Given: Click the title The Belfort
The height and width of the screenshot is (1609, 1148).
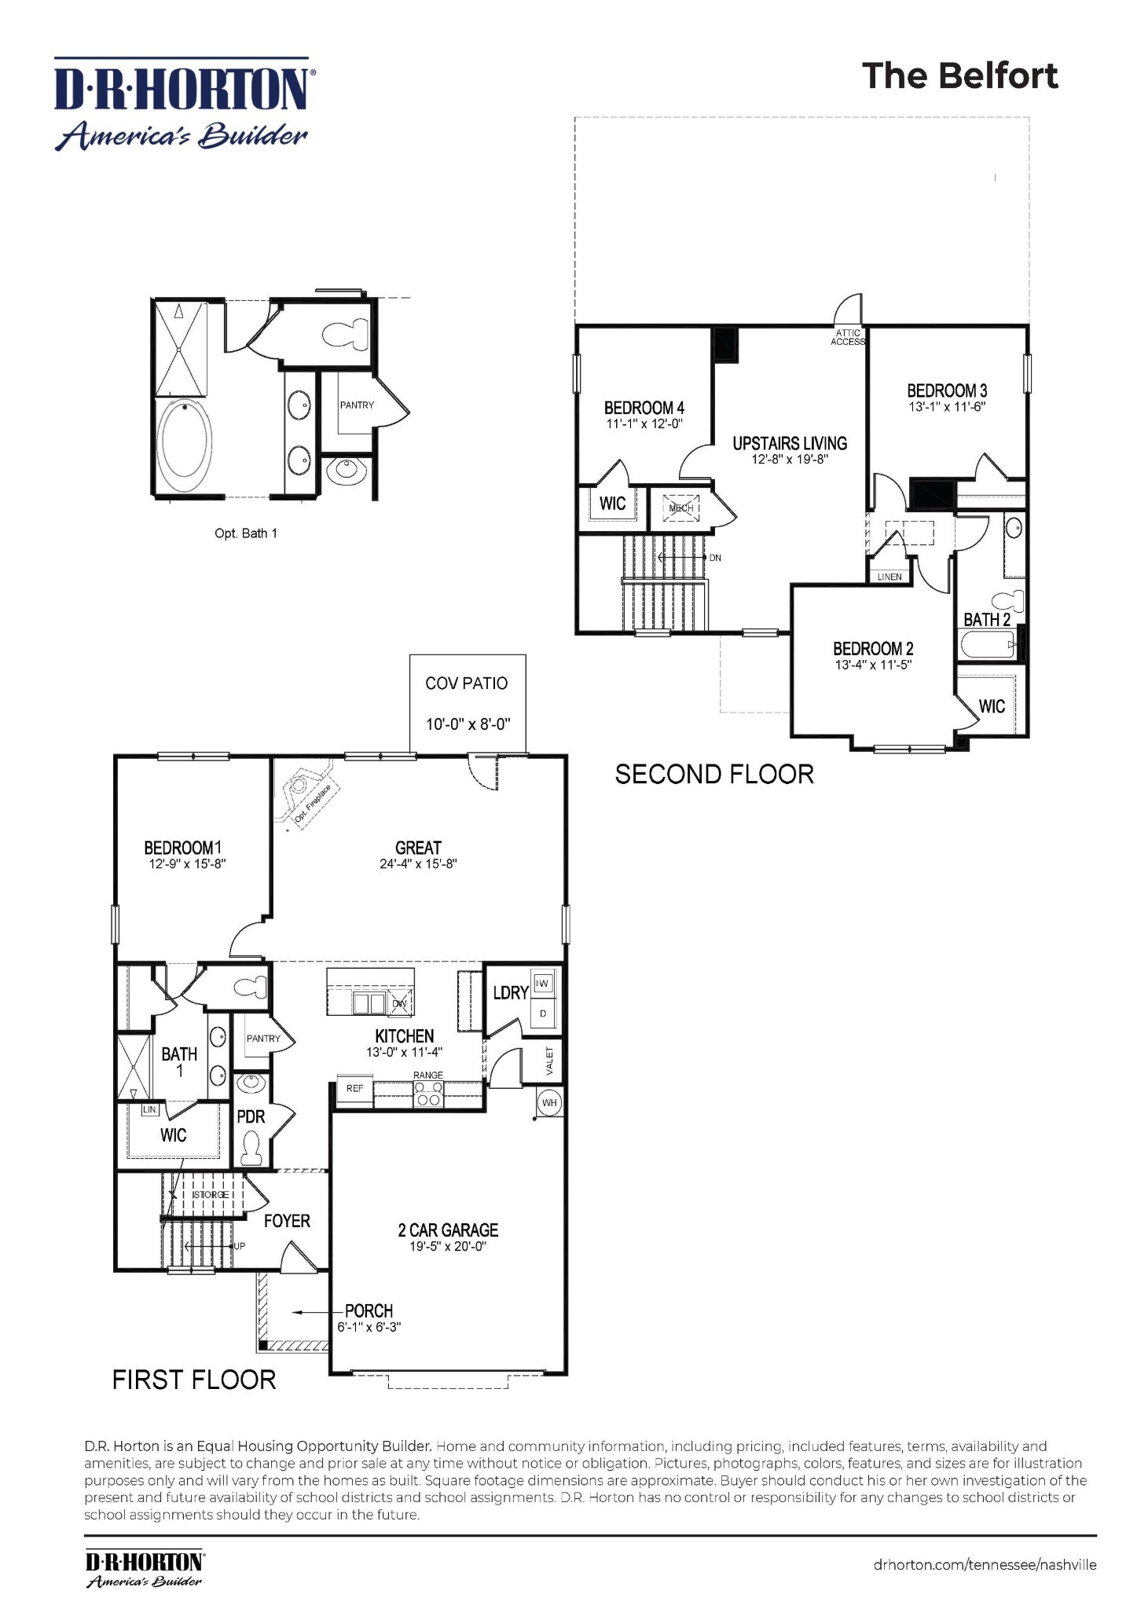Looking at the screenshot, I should click(x=959, y=76).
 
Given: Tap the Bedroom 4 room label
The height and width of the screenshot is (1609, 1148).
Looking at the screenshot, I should click(x=644, y=408).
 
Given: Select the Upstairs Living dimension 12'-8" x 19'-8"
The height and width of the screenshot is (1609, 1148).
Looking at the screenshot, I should click(x=790, y=460).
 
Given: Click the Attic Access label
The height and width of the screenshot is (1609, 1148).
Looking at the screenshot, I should click(x=848, y=337).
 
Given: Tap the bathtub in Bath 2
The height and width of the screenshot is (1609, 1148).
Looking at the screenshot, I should click(x=987, y=647).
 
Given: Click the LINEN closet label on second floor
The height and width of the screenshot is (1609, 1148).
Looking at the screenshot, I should click(x=889, y=577).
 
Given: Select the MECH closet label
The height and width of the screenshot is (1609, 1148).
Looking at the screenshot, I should click(x=680, y=508).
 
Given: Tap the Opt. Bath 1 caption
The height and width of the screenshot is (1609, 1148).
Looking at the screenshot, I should click(x=245, y=533).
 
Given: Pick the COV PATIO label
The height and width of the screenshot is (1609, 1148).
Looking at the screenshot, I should click(x=467, y=684).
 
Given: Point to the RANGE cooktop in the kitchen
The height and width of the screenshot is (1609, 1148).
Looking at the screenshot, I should click(x=428, y=1094).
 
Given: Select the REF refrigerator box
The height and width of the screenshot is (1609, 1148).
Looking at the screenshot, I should click(x=354, y=1089).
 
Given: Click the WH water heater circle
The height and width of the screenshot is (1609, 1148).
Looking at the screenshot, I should click(x=549, y=1103).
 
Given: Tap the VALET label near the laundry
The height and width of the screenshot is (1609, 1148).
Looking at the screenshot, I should click(x=549, y=1061).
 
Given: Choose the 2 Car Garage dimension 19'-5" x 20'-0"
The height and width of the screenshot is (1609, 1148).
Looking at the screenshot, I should click(x=448, y=1247).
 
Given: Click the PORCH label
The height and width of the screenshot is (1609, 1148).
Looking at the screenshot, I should click(x=369, y=1310).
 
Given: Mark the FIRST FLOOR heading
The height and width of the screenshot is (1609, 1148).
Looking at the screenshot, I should click(x=194, y=1380).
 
